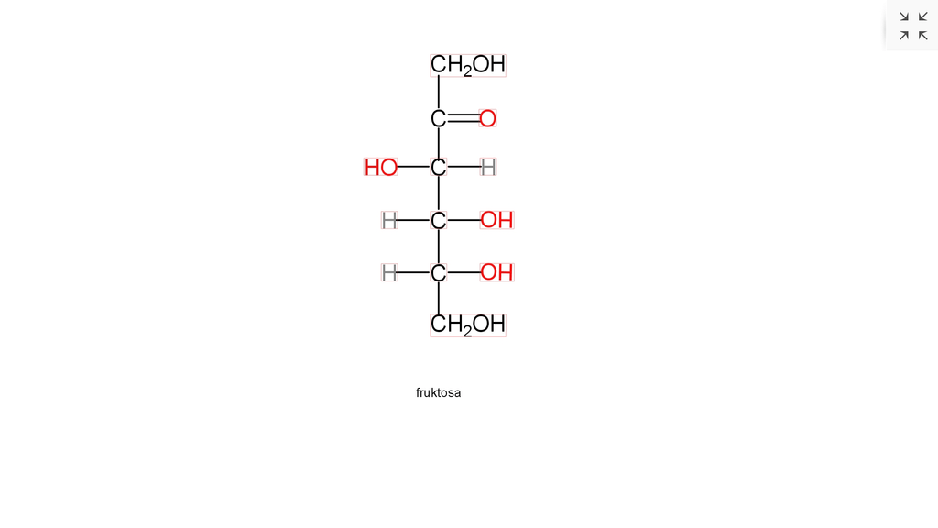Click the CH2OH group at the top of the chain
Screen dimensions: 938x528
[468, 65]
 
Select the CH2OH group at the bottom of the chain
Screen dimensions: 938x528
[468, 325]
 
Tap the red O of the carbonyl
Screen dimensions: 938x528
[487, 118]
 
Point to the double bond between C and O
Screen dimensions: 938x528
[464, 118]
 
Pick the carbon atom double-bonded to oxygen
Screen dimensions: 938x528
[439, 118]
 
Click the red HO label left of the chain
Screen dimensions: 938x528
[381, 168]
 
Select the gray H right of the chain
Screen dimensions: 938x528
[488, 168]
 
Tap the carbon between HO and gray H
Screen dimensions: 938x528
[439, 168]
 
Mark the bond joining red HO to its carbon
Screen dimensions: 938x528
[414, 167]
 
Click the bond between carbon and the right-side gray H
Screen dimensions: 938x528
[464, 167]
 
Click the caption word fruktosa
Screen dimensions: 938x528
[439, 392]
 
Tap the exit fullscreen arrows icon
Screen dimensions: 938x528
[913, 26]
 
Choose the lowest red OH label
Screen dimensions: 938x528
[496, 272]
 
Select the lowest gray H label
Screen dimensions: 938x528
[389, 272]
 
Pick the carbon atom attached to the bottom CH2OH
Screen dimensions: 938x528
[439, 272]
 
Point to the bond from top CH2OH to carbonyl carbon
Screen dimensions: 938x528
[439, 93]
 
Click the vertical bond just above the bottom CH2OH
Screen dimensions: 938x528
[439, 298]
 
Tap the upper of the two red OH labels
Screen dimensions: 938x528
[496, 220]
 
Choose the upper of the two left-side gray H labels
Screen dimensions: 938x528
[389, 220]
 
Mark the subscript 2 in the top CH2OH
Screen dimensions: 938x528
[467, 71]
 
